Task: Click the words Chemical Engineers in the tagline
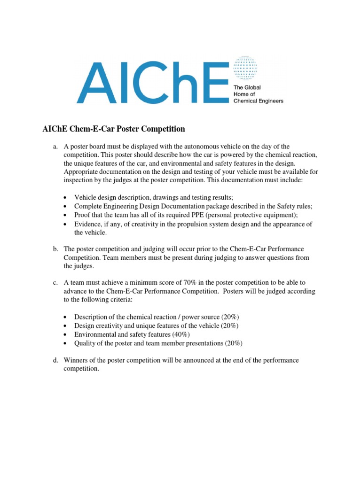[259, 101]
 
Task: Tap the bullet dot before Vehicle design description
[65, 198]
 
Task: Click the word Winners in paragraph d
[76, 360]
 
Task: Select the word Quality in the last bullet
[85, 343]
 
